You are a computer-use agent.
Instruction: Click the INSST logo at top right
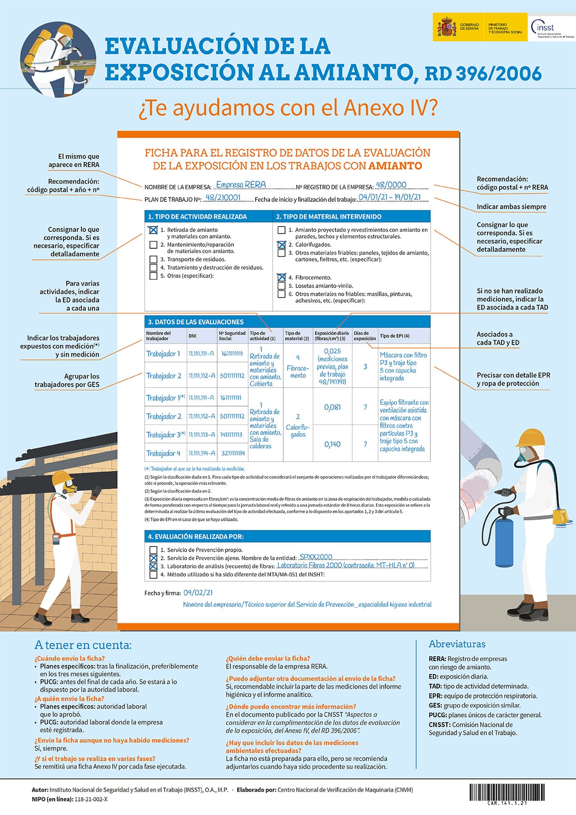coord(551,28)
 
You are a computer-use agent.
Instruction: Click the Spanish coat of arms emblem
coord(446,27)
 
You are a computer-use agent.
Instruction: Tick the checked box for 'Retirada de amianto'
coord(153,230)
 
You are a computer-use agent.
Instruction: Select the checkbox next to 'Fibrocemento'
coord(281,278)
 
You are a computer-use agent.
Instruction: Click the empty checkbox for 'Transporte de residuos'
coord(153,260)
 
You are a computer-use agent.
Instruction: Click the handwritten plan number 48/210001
coord(223,197)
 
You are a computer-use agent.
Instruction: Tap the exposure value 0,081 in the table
coord(332,407)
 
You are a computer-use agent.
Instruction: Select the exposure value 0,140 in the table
coord(332,444)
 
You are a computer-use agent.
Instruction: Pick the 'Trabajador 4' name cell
coord(164,453)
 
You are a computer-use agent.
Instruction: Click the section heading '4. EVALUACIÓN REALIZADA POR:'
coord(196,537)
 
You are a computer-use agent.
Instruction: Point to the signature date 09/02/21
coord(198,592)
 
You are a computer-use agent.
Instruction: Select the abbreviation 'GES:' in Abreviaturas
coord(435,706)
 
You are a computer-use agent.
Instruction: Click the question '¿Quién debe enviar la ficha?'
coord(268,658)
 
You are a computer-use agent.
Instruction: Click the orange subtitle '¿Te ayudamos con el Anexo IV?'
coord(288,108)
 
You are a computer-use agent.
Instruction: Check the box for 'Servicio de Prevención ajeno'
coord(153,558)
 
